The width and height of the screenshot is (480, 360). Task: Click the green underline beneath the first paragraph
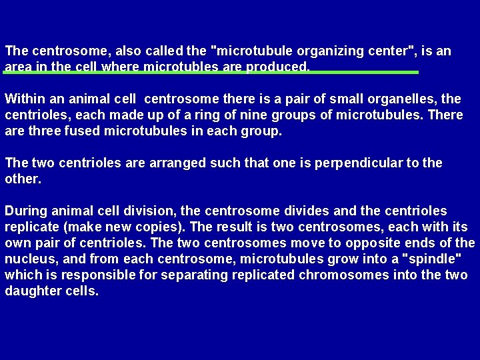[211, 72]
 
